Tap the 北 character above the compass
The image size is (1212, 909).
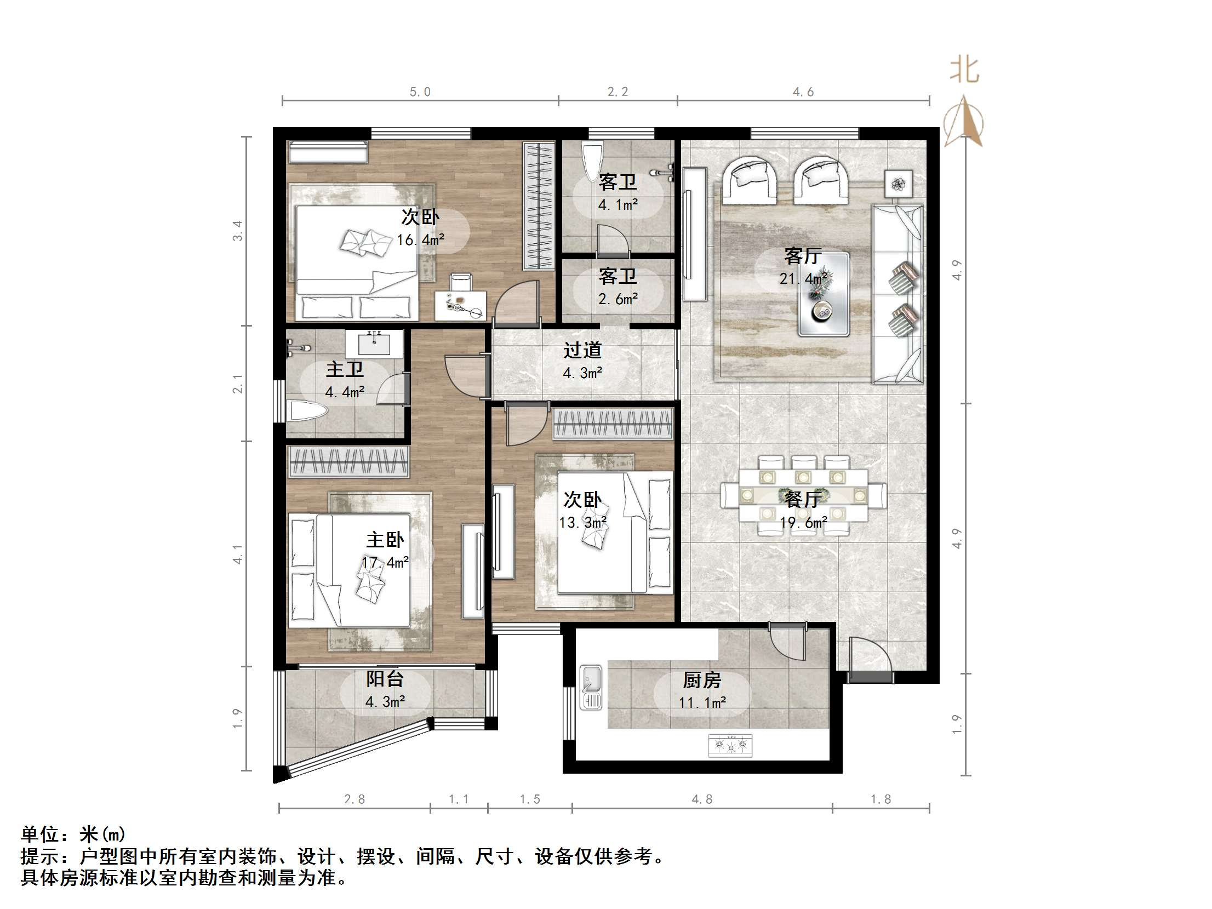(964, 71)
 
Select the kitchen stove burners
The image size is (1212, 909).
(730, 745)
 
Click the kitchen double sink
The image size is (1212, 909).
(591, 687)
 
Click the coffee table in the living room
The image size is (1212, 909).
(824, 294)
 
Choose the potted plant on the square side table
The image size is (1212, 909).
(899, 184)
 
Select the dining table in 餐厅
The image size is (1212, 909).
(803, 495)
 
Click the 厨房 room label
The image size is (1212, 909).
(702, 680)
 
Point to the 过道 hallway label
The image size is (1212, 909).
(582, 350)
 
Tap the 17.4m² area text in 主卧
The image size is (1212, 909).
(385, 563)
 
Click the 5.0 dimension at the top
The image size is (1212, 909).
(420, 92)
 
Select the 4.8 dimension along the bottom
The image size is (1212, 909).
(702, 799)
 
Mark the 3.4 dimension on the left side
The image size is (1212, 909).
(237, 231)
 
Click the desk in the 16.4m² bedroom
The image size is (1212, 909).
(460, 305)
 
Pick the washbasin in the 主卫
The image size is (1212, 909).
(374, 344)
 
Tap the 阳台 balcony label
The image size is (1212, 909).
(385, 679)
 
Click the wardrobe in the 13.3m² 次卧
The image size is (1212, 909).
(613, 424)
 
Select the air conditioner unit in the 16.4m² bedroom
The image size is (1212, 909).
(328, 152)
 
